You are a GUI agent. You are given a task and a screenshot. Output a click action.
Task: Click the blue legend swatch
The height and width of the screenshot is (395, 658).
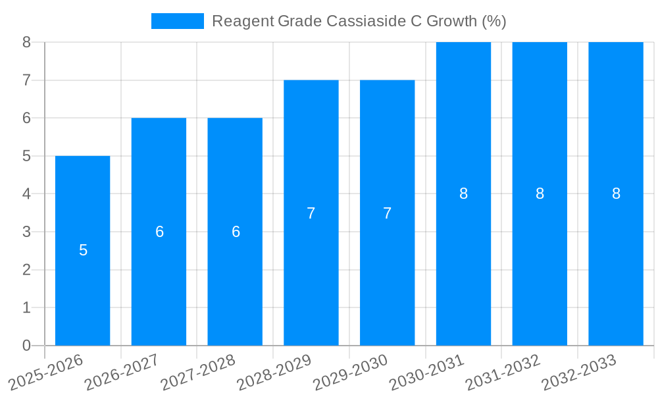pyautogui.click(x=178, y=21)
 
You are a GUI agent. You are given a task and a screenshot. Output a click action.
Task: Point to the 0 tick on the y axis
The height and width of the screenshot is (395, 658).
pyautogui.click(x=26, y=346)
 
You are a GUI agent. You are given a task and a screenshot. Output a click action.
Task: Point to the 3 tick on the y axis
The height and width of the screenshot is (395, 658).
pyautogui.click(x=26, y=232)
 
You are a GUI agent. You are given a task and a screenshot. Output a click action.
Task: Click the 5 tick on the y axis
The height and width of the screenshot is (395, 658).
pyautogui.click(x=26, y=156)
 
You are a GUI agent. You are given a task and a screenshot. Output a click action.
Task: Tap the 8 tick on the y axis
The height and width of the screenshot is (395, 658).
pyautogui.click(x=26, y=42)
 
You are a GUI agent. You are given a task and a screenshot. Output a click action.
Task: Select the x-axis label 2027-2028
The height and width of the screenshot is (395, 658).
pyautogui.click(x=198, y=373)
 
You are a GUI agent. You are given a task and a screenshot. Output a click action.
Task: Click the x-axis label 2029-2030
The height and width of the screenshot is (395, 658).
pyautogui.click(x=351, y=373)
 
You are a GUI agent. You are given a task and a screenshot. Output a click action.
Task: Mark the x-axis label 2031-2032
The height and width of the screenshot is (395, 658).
pyautogui.click(x=503, y=373)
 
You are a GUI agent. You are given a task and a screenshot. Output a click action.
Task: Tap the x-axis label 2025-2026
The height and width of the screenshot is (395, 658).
pyautogui.click(x=46, y=373)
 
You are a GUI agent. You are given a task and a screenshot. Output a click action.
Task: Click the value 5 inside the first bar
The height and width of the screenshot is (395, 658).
pyautogui.click(x=83, y=250)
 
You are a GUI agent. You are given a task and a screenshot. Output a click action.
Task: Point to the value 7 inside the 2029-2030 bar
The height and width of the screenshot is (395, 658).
pyautogui.click(x=388, y=213)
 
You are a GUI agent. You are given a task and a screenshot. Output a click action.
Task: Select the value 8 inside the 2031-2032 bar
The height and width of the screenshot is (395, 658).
pyautogui.click(x=540, y=194)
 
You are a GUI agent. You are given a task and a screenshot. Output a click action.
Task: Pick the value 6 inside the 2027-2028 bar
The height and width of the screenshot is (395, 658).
pyautogui.click(x=236, y=232)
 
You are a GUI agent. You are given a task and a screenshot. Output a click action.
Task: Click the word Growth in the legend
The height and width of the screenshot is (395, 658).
pyautogui.click(x=452, y=21)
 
